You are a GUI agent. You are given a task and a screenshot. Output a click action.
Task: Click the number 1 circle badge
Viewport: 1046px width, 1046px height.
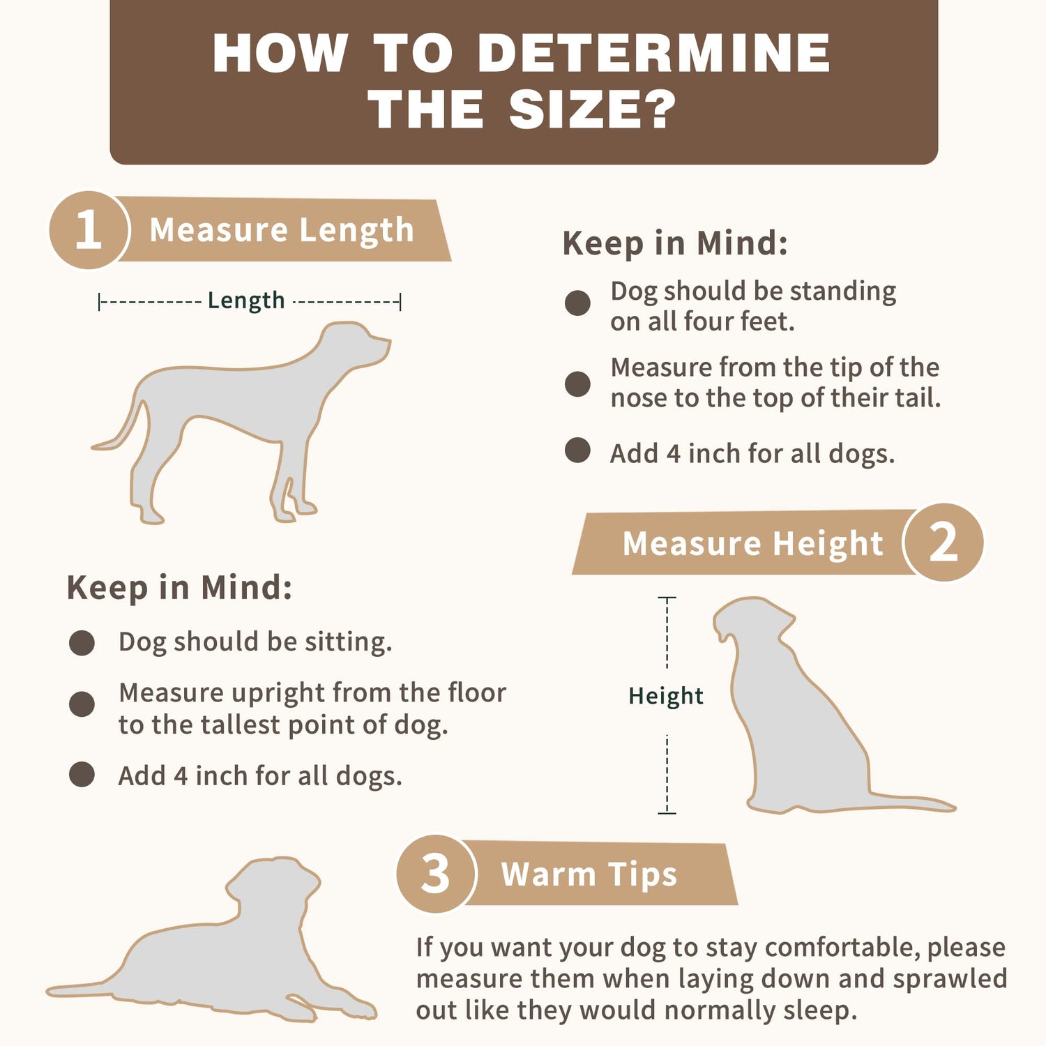click(x=89, y=230)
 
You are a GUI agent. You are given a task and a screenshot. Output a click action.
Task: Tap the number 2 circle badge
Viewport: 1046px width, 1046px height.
click(x=943, y=542)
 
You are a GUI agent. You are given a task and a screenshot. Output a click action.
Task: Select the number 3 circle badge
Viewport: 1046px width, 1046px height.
click(x=436, y=874)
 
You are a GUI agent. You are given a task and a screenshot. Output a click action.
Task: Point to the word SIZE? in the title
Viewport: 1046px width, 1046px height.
click(x=593, y=109)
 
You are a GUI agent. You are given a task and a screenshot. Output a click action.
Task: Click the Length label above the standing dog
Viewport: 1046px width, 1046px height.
click(x=246, y=301)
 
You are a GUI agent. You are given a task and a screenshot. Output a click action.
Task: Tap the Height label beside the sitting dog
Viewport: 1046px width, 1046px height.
click(x=666, y=696)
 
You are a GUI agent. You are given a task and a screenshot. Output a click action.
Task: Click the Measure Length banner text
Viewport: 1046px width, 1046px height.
click(x=282, y=230)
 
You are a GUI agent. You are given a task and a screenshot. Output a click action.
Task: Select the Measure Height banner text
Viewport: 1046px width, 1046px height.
click(x=752, y=543)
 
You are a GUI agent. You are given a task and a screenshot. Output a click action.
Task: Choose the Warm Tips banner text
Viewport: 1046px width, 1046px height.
click(x=589, y=874)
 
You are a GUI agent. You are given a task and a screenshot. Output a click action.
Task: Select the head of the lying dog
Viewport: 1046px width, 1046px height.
click(x=272, y=882)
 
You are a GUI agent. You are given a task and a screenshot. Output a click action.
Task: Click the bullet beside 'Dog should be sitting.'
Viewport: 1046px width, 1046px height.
click(x=82, y=643)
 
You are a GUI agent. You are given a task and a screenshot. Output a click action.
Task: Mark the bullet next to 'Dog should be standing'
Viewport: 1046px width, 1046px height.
click(x=577, y=303)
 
